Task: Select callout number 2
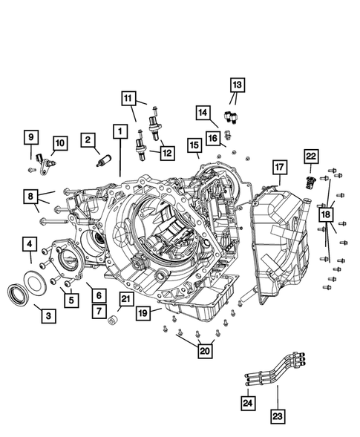[88, 139]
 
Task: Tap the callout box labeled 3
[48, 316]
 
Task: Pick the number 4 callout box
[30, 244]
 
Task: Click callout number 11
[129, 98]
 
